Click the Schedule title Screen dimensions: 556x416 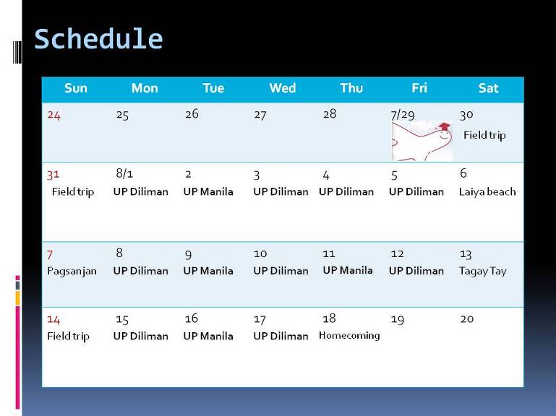pyautogui.click(x=98, y=39)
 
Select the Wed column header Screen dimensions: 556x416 pyautogui.click(x=282, y=88)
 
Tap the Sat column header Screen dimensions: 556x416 pyautogui.click(x=488, y=88)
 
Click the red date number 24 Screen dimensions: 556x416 pyautogui.click(x=54, y=115)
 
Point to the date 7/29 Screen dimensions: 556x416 pyautogui.click(x=403, y=115)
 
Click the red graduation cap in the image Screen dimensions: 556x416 pyautogui.click(x=445, y=126)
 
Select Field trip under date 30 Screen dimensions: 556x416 pyautogui.click(x=484, y=135)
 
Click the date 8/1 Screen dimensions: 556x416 pyautogui.click(x=124, y=173)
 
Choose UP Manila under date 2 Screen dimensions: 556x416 pyautogui.click(x=208, y=191)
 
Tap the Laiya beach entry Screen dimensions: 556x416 pyautogui.click(x=487, y=192)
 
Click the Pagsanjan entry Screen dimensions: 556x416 pyautogui.click(x=72, y=272)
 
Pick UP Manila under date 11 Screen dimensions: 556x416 pyautogui.click(x=348, y=270)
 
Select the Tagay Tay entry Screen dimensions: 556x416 pyautogui.click(x=482, y=272)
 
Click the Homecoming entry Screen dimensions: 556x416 pyautogui.click(x=349, y=335)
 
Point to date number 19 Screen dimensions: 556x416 pyautogui.click(x=398, y=320)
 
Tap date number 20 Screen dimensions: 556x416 pyautogui.click(x=466, y=319)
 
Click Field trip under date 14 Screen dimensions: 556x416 pyautogui.click(x=68, y=337)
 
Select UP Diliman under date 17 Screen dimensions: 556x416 pyautogui.click(x=281, y=336)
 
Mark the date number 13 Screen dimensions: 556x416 pyautogui.click(x=466, y=254)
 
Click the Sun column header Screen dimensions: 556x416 pyautogui.click(x=75, y=88)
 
